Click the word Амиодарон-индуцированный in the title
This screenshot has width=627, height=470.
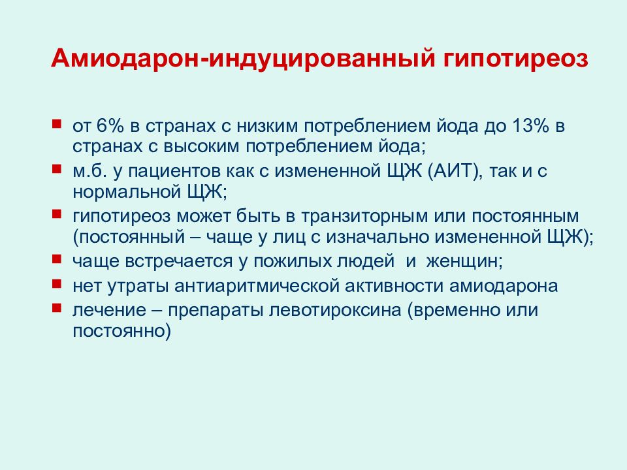pyautogui.click(x=243, y=59)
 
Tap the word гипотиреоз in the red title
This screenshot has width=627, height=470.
pyautogui.click(x=516, y=59)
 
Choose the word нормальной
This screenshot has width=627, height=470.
pyautogui.click(x=127, y=192)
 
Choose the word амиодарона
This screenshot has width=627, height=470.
pyautogui.click(x=504, y=286)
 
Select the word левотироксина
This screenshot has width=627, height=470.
pyautogui.click(x=334, y=311)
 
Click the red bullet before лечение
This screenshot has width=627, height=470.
pyautogui.click(x=57, y=307)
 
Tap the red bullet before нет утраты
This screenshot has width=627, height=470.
pyautogui.click(x=57, y=283)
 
